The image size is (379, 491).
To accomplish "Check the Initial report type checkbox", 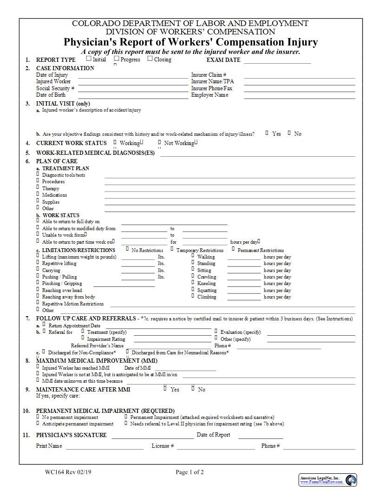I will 89,59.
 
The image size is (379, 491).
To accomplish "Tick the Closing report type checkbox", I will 150,59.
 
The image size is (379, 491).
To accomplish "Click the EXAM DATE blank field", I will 277,60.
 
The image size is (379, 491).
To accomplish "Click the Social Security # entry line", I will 133,88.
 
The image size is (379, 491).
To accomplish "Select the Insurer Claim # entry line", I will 300,75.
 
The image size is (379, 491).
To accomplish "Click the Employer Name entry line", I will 300,95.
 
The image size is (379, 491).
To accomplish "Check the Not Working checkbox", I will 159,143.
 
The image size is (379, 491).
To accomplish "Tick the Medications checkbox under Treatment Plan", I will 38,194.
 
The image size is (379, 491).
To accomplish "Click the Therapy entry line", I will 229,189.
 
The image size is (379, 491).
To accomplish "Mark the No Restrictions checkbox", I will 127,249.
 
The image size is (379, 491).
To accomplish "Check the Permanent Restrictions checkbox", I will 233,249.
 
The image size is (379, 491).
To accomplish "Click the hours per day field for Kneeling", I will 247,284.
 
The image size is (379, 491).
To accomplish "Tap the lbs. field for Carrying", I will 138,271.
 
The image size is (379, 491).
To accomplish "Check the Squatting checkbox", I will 192,290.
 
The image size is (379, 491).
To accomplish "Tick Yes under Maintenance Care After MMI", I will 165,389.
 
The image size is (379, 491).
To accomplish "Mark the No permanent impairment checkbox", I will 38,417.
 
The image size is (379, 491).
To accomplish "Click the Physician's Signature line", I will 152,436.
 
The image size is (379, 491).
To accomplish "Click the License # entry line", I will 216,447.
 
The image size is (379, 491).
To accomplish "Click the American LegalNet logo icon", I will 351,479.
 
